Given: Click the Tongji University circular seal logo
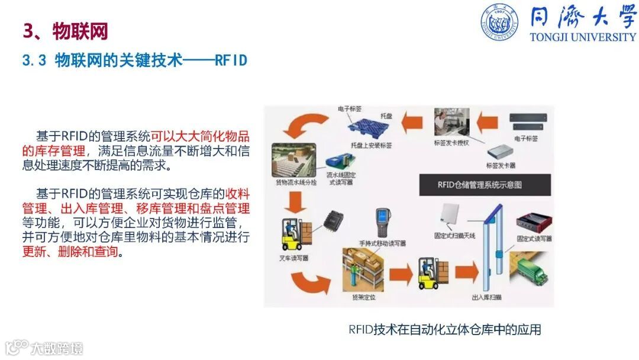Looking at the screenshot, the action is tap(499, 22).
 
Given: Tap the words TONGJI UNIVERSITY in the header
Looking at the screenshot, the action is tap(583, 37).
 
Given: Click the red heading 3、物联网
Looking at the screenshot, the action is tap(65, 31).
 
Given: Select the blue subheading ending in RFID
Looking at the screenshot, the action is tap(134, 60).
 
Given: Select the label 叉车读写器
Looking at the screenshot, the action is tap(293, 258).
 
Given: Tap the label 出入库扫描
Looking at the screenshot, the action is tap(487, 297).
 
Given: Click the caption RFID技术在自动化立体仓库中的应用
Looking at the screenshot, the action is tap(445, 329).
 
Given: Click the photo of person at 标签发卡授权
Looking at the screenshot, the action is tap(451, 123).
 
